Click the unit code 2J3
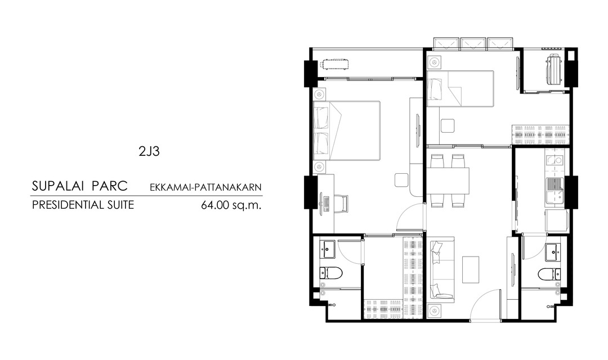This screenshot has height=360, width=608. point(149,151)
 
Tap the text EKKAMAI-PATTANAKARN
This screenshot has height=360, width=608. point(206,187)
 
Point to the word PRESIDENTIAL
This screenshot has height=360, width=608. point(65,205)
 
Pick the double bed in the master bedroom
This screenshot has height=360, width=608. point(346,130)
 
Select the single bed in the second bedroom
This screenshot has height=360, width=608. point(460,88)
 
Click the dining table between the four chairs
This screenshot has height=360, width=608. point(448,181)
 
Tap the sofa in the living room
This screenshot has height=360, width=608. point(441,269)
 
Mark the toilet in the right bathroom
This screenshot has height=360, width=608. point(549,274)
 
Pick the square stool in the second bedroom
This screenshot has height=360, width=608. point(448,127)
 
